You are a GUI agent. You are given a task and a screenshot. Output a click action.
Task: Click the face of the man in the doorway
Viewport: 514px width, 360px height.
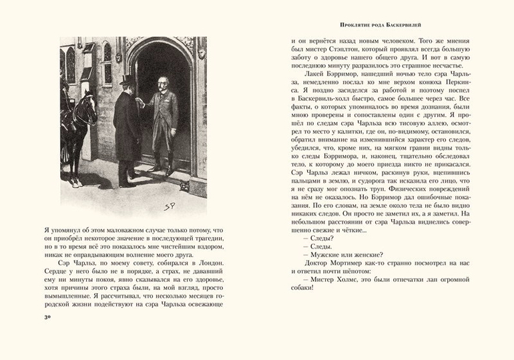point(163,87)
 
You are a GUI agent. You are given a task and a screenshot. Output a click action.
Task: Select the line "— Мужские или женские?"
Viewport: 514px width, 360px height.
point(343,254)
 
